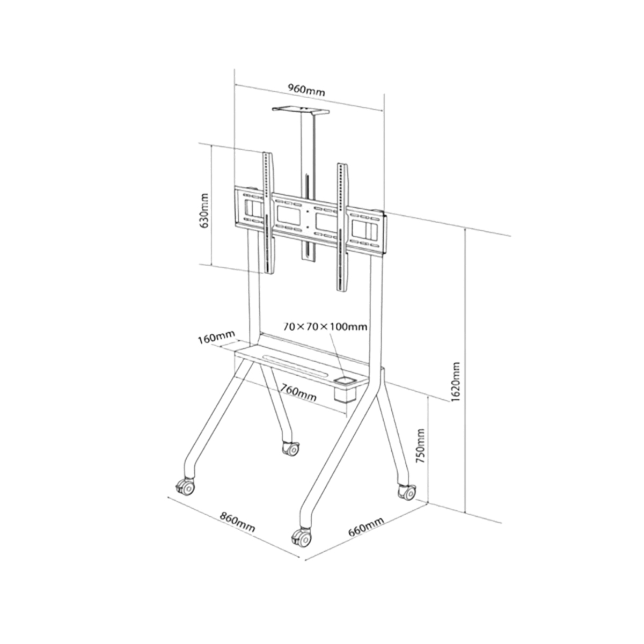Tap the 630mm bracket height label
click(204, 211)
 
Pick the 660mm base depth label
click(366, 527)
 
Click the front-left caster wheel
click(185, 487)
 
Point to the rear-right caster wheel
click(406, 491)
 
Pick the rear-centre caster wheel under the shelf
click(290, 447)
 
